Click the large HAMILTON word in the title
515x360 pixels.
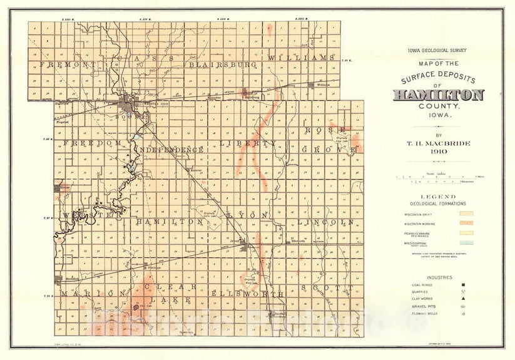click(438, 95)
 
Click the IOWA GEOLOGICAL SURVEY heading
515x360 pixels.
click(438, 50)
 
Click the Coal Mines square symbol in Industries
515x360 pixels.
click(464, 285)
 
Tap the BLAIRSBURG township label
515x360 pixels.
click(215, 64)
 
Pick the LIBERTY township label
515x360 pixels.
click(248, 143)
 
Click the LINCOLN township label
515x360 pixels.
click(326, 222)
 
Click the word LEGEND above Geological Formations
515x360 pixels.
click(438, 196)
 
